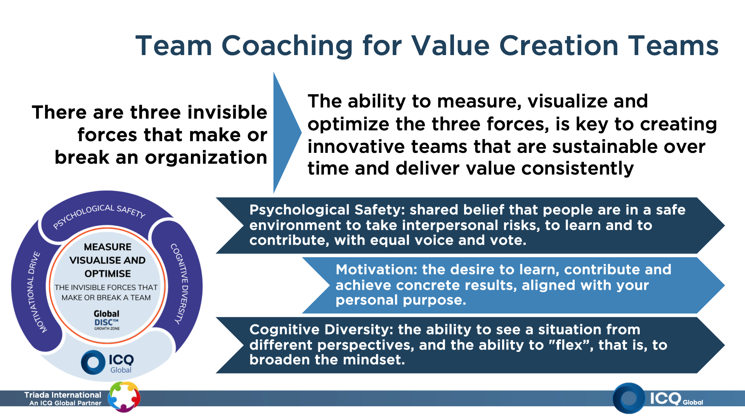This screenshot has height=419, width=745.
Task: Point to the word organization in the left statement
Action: coord(206,158)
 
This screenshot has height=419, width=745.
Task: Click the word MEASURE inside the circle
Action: coord(107,247)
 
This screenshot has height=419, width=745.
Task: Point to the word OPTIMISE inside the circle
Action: coord(107,274)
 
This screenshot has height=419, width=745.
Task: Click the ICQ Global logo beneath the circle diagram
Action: coord(107,362)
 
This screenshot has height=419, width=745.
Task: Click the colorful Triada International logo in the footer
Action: coord(124,396)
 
